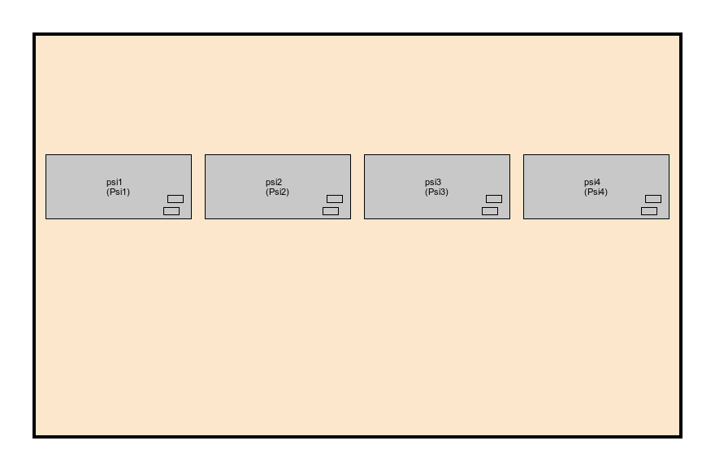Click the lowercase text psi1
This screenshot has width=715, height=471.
tap(115, 183)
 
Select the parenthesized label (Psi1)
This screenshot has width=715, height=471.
tap(118, 192)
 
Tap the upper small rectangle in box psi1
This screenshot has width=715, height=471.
tap(175, 199)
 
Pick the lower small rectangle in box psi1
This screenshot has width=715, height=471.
tap(171, 211)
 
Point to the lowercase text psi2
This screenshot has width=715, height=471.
tap(274, 183)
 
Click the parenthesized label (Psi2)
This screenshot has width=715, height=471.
tap(277, 192)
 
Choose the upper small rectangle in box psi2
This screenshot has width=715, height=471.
tap(335, 199)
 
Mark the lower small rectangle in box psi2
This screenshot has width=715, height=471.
tap(331, 211)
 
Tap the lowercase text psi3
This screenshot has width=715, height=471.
tap(433, 183)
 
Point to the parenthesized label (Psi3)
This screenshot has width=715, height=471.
tap(436, 192)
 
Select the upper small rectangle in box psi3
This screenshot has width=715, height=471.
tap(494, 199)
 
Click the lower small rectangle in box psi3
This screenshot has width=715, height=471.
tap(490, 211)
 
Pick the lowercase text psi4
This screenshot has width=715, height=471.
tap(592, 183)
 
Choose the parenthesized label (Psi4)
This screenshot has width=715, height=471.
tap(596, 192)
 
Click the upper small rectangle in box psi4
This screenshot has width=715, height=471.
tap(653, 199)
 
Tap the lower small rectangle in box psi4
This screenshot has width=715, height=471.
tap(649, 211)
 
